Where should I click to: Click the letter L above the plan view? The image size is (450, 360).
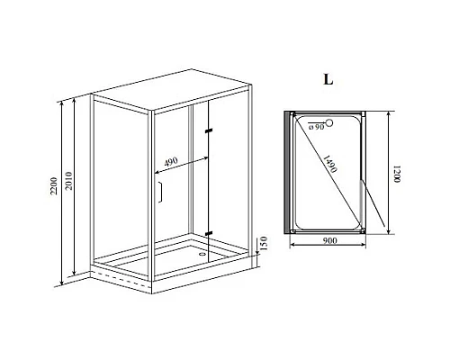[328, 78]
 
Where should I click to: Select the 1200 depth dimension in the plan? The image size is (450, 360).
[395, 175]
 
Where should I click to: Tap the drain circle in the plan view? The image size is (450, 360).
[328, 124]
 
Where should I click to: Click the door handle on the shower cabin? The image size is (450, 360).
[159, 193]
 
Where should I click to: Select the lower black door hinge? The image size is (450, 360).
[209, 232]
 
